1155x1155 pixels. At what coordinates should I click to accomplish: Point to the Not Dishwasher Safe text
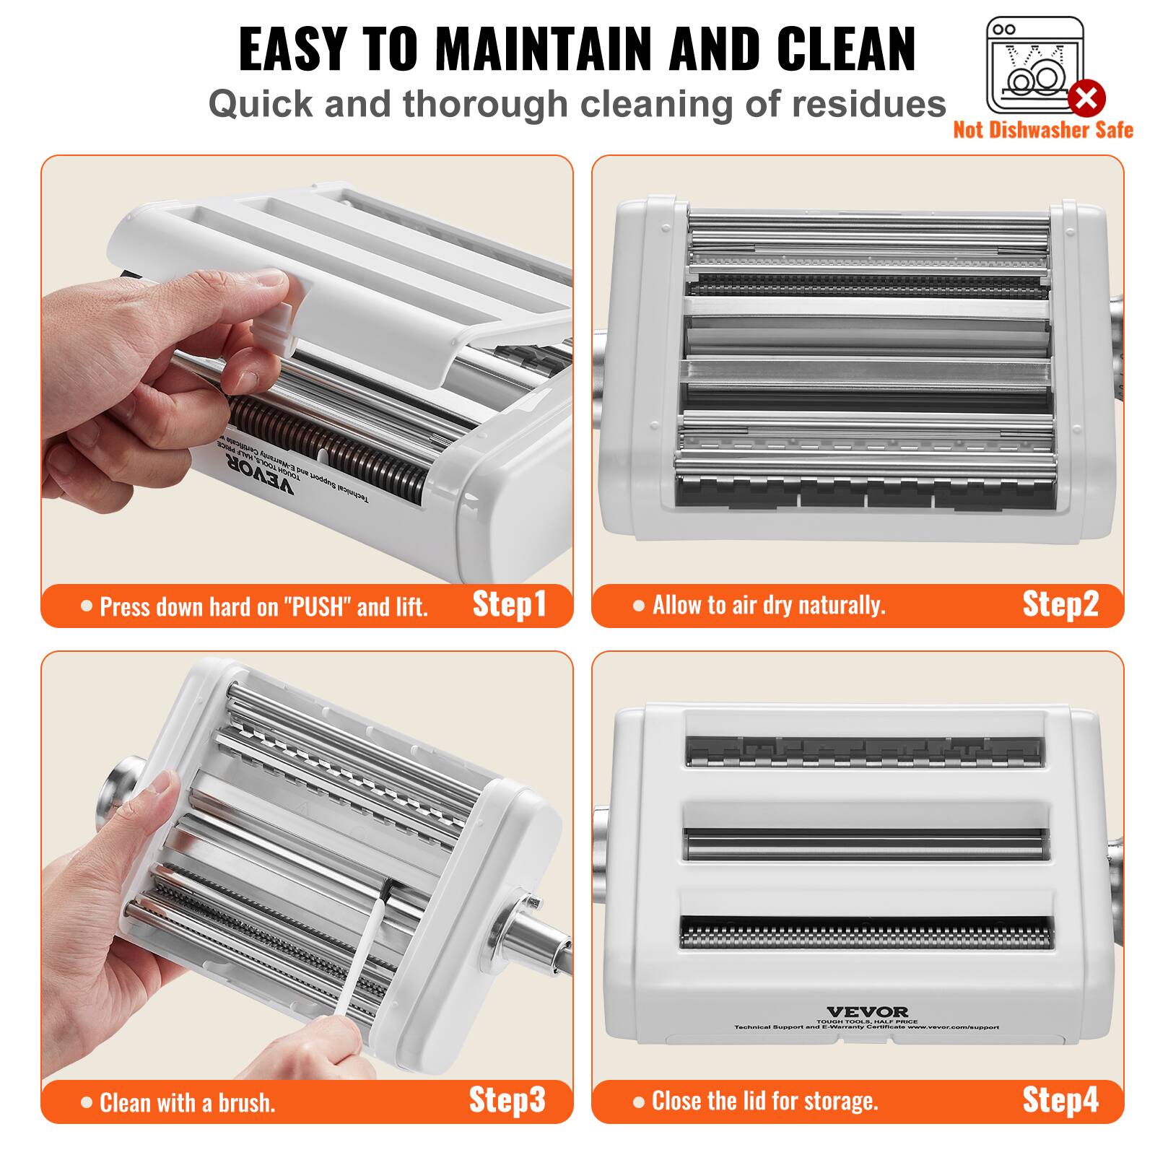[x=1042, y=130]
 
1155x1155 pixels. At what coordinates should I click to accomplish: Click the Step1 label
[x=509, y=604]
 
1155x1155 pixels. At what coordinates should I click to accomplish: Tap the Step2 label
[x=1060, y=604]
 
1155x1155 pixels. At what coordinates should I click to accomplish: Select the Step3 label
[x=507, y=1099]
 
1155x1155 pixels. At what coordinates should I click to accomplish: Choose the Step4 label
[x=1060, y=1099]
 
